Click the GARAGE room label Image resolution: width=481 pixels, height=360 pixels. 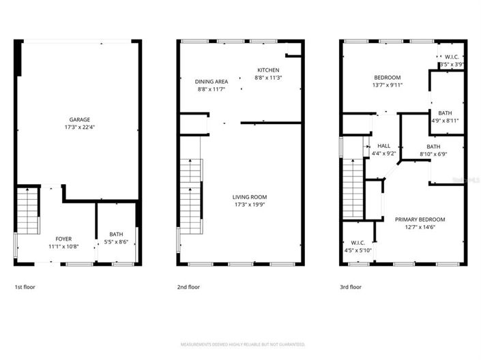tap(79, 119)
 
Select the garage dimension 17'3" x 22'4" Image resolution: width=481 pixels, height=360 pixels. tap(79, 127)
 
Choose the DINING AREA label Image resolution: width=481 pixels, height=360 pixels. tap(211, 80)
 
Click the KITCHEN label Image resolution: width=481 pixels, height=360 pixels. tap(268, 70)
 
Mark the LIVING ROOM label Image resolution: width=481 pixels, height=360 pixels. tap(250, 196)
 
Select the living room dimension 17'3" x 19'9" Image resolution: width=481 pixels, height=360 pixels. tap(250, 205)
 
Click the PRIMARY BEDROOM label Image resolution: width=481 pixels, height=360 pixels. tap(420, 220)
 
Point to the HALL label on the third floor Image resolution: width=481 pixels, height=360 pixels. tap(383, 146)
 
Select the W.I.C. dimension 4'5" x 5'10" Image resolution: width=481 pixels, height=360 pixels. tap(358, 250)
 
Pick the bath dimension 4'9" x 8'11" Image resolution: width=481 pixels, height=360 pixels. tap(445, 121)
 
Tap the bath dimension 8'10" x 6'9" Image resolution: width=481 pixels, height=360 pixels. tap(433, 154)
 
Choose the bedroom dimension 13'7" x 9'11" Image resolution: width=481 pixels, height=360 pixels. tap(386, 85)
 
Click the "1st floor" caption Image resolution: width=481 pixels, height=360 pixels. tap(25, 287)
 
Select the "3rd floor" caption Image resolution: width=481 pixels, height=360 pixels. tap(351, 287)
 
